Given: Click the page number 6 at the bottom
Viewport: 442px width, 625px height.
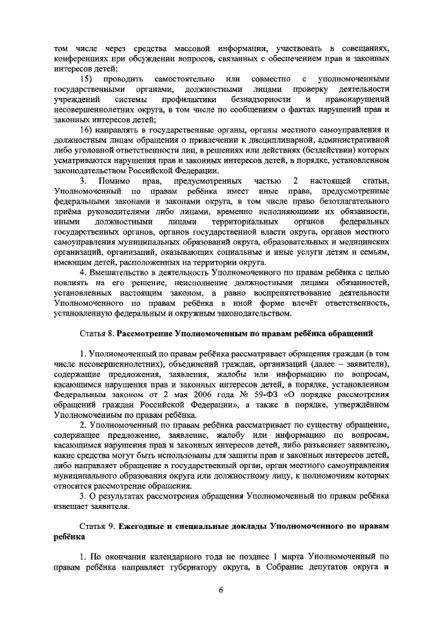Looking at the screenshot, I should point(221,589).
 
